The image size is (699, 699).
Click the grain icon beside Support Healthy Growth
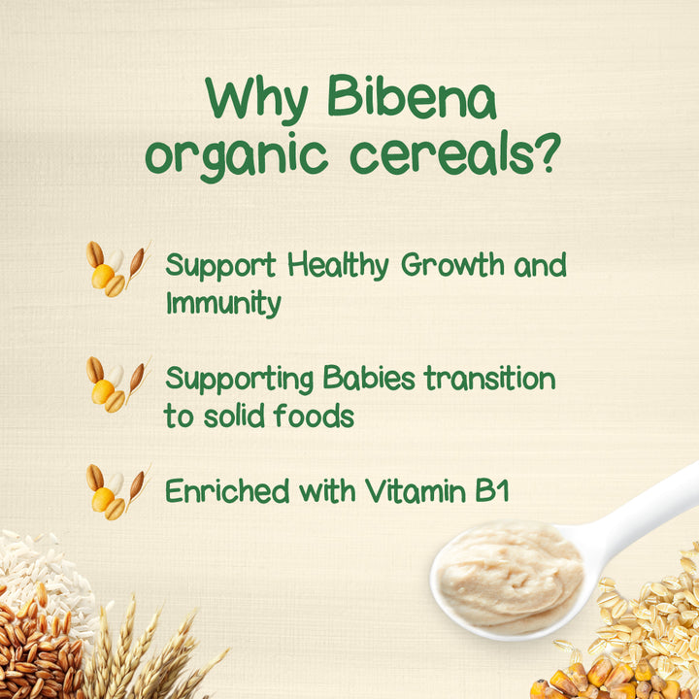click(x=116, y=270)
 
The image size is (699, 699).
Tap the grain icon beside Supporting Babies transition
click(x=116, y=384)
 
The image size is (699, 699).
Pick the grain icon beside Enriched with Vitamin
click(x=116, y=491)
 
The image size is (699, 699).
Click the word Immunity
click(x=223, y=304)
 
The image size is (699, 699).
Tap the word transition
click(x=494, y=379)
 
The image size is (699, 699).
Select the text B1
click(x=490, y=491)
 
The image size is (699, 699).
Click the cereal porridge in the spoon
click(x=505, y=573)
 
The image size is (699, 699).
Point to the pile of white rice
click(x=39, y=563)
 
